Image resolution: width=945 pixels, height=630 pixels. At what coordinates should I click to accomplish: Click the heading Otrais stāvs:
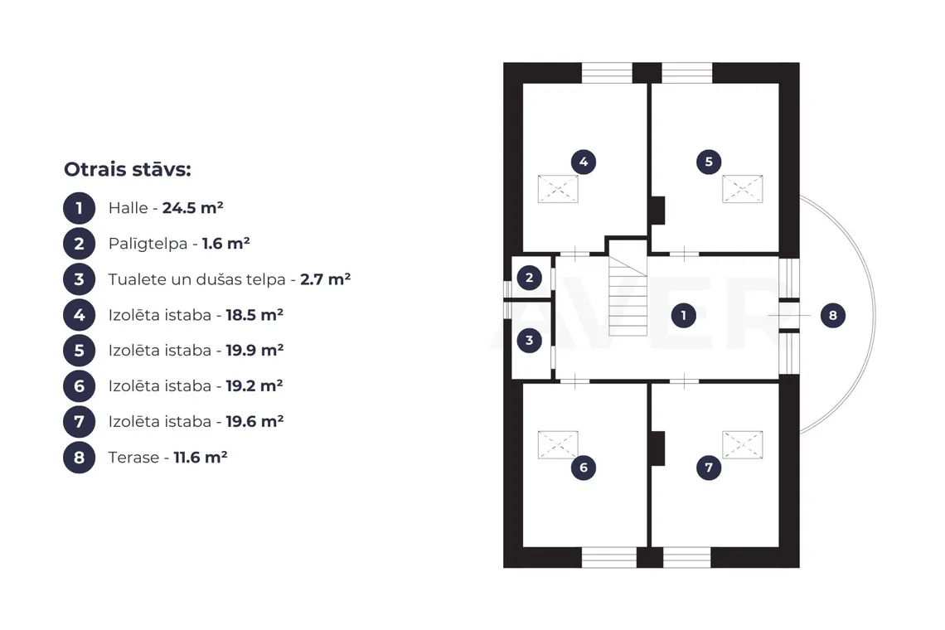pyautogui.click(x=127, y=169)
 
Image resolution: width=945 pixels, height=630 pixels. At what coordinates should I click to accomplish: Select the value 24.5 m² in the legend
pyautogui.click(x=193, y=208)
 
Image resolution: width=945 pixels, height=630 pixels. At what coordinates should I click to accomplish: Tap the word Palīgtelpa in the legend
pyautogui.click(x=148, y=245)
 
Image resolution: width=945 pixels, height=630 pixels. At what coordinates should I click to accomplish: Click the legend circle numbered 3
pyautogui.click(x=79, y=279)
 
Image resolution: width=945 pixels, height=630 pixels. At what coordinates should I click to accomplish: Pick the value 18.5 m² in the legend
pyautogui.click(x=254, y=315)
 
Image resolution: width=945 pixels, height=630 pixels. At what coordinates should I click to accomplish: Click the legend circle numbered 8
pyautogui.click(x=79, y=457)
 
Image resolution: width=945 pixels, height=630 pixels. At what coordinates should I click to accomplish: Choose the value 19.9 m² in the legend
pyautogui.click(x=254, y=351)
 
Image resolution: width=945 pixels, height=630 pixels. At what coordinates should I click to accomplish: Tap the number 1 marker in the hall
pyautogui.click(x=683, y=315)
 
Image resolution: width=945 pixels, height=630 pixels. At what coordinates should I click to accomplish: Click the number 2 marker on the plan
pyautogui.click(x=529, y=278)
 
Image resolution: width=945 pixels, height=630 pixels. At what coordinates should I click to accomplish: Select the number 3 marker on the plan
pyautogui.click(x=529, y=340)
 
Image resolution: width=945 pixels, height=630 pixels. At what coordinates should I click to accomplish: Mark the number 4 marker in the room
pyautogui.click(x=584, y=162)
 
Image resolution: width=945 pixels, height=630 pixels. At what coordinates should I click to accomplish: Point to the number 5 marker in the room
pyautogui.click(x=709, y=162)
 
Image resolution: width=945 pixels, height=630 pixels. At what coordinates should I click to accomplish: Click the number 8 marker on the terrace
pyautogui.click(x=833, y=315)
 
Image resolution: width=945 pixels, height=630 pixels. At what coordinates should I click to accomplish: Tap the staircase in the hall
pyautogui.click(x=628, y=295)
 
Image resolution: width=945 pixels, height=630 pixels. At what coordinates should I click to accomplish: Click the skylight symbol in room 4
pyautogui.click(x=558, y=189)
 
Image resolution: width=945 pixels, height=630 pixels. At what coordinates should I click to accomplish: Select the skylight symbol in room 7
pyautogui.click(x=743, y=445)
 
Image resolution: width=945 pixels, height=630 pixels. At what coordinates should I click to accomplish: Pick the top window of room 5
pyautogui.click(x=687, y=73)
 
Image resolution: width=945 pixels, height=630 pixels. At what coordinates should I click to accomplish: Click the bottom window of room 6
pyautogui.click(x=608, y=557)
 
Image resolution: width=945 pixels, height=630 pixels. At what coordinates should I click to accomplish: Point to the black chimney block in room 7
pyautogui.click(x=657, y=448)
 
